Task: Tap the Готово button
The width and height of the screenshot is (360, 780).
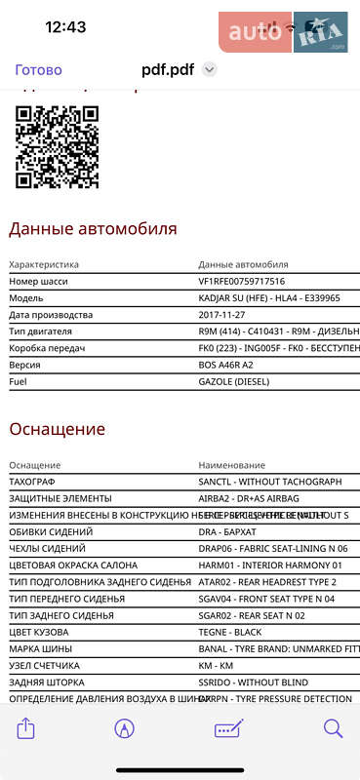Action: pyautogui.click(x=38, y=70)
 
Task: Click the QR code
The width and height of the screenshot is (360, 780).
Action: pyautogui.click(x=58, y=146)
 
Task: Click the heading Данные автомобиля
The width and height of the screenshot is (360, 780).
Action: pyautogui.click(x=93, y=229)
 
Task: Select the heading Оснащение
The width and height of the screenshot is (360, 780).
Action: pyautogui.click(x=57, y=429)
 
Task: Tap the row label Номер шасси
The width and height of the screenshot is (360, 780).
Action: pyautogui.click(x=38, y=282)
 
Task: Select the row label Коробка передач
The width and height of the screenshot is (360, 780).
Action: pyautogui.click(x=47, y=348)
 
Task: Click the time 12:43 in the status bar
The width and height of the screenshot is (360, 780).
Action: pyautogui.click(x=65, y=27)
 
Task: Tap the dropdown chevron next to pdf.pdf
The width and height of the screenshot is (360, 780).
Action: pyautogui.click(x=209, y=70)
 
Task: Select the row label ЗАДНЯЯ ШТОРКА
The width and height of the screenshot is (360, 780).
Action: pyautogui.click(x=46, y=682)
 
